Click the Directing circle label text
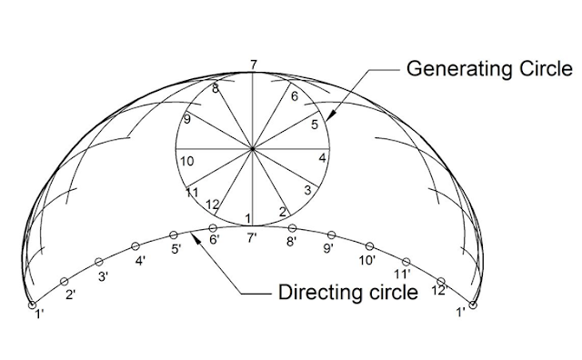pos(346,293)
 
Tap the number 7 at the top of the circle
pos(254,64)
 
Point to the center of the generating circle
pos(254,147)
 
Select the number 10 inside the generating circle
pos(186,161)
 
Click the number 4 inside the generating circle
pos(322,157)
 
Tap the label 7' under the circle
pos(255,239)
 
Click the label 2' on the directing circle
pos(71,294)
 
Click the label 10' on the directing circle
pos(367,260)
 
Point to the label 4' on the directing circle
pos(141,261)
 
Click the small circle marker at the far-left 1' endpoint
pos(31,305)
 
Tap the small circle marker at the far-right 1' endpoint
pos(473,305)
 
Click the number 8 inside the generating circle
pos(216,88)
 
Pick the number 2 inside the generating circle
pos(283,212)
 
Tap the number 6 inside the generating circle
pos(295,95)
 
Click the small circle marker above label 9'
pos(331,234)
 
